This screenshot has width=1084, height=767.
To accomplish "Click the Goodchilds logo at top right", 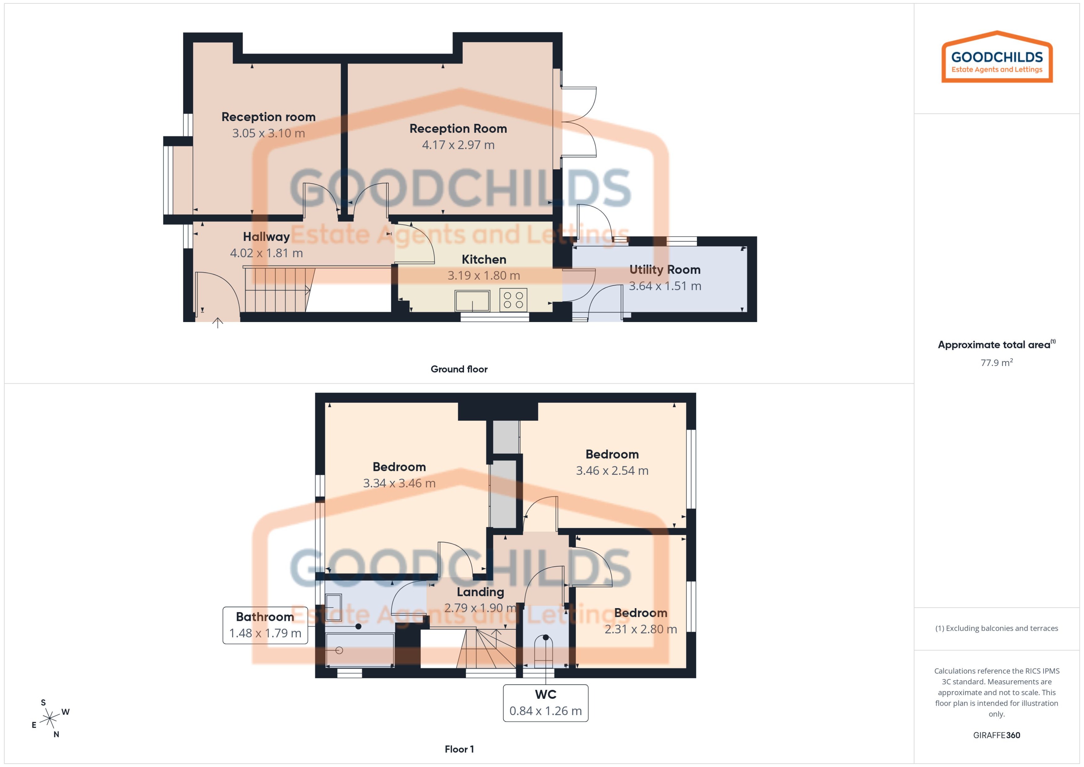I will [997, 58].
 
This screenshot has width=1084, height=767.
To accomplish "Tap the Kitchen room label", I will [484, 259].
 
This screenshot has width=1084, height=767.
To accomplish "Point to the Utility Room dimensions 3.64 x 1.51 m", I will [665, 286].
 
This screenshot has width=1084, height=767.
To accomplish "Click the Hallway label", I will [266, 237].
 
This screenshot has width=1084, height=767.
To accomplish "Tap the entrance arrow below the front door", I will [217, 323].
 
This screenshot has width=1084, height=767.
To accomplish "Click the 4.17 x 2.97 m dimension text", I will [458, 145].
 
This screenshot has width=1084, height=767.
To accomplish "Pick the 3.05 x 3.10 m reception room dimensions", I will [268, 133].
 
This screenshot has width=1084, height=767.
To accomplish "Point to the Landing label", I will [480, 592].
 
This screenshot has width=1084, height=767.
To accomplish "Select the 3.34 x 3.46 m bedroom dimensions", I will [399, 483].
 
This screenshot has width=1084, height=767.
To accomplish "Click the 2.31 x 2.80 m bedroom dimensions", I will [640, 629].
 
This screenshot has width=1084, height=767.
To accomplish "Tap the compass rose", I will [50, 719].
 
